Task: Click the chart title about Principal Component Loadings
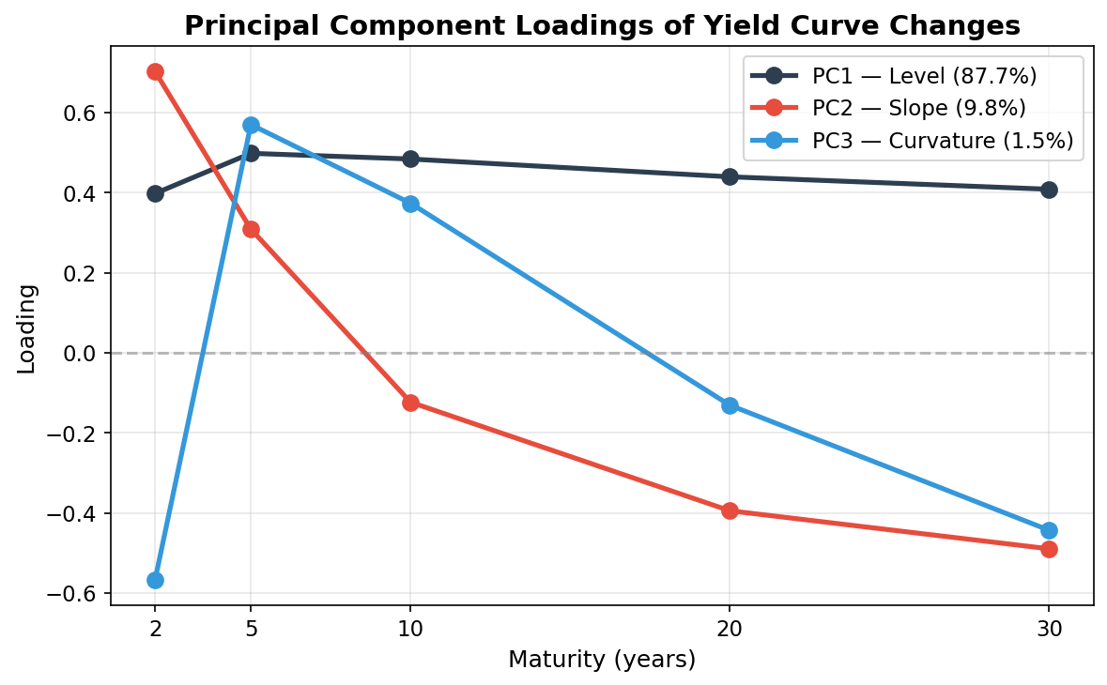click(x=602, y=25)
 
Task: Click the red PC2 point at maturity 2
click(x=156, y=71)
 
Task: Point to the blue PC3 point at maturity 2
click(x=156, y=580)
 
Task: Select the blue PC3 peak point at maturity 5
click(x=251, y=125)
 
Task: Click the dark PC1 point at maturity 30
click(x=1049, y=190)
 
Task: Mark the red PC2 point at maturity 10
click(x=410, y=403)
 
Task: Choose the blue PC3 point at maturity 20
click(x=730, y=405)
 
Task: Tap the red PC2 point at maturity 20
click(x=730, y=510)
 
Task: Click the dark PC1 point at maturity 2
click(x=156, y=193)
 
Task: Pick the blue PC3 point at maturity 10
click(x=410, y=204)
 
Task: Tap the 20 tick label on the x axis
click(x=730, y=629)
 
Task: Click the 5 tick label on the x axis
click(x=251, y=629)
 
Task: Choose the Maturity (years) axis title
click(x=602, y=660)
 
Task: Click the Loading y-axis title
click(x=26, y=328)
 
